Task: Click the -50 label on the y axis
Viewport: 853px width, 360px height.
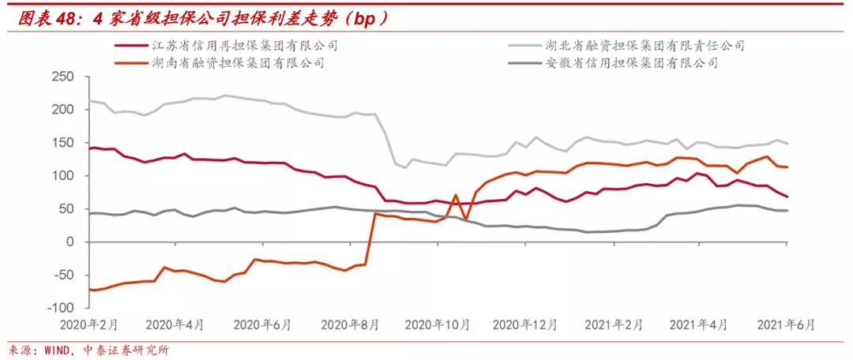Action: point(63,276)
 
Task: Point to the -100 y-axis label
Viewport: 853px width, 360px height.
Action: point(60,308)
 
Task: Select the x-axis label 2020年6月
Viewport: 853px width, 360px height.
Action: point(264,324)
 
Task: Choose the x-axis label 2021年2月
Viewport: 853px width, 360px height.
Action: point(611,324)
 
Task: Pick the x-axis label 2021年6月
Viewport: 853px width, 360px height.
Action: point(786,324)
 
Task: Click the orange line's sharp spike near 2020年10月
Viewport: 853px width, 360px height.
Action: point(456,195)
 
